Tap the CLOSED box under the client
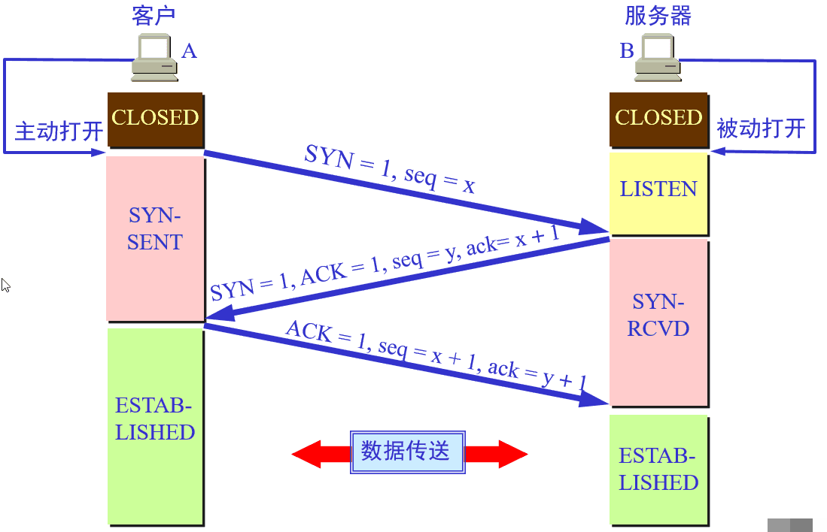[155, 119]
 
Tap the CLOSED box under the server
[658, 119]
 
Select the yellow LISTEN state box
[658, 189]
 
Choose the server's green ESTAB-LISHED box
[658, 470]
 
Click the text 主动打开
[59, 131]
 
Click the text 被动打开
[761, 128]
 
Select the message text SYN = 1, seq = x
[390, 169]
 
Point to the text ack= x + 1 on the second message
[513, 241]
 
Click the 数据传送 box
[407, 452]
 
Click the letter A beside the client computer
[189, 51]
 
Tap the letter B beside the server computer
[626, 51]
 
